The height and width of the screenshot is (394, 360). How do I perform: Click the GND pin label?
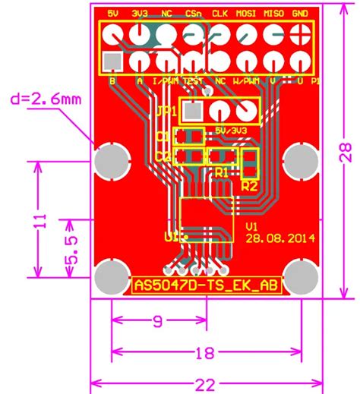pos(301,14)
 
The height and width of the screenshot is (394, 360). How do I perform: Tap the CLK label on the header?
pos(219,14)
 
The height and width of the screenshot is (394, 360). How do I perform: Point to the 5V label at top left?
pos(114,14)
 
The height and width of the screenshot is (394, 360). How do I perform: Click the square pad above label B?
pos(114,60)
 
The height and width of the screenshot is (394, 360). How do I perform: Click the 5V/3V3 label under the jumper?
pos(231,130)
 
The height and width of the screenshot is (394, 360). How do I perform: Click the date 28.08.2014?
pos(280,237)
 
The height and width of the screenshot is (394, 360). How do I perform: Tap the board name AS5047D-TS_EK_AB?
pos(205,285)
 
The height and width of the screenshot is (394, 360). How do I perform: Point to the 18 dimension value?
pos(204,353)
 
